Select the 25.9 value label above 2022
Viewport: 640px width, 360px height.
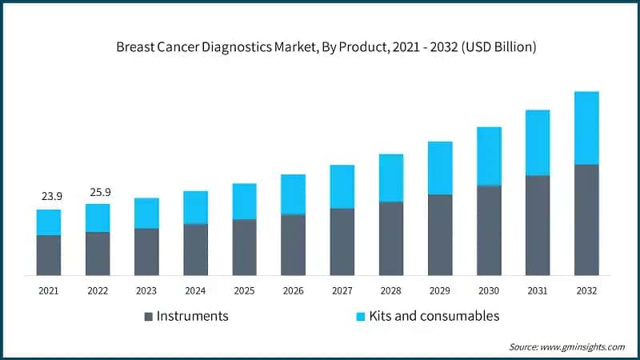click(98, 192)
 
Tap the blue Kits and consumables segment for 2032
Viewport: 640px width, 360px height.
click(586, 128)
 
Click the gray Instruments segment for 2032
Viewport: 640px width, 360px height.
click(586, 220)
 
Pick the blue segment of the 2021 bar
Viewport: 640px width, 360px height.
click(49, 222)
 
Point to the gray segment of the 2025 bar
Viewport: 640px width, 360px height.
click(245, 247)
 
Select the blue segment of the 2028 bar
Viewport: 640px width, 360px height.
click(391, 178)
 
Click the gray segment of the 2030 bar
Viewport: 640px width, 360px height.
click(489, 230)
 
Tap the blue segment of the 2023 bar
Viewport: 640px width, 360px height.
click(146, 213)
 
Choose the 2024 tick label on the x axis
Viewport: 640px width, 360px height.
click(195, 290)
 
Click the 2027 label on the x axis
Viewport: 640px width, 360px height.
click(342, 290)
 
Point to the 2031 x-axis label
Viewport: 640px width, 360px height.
click(538, 290)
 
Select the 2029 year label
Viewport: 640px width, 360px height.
click(440, 290)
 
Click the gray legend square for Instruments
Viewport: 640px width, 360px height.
click(147, 317)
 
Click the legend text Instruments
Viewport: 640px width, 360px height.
click(192, 316)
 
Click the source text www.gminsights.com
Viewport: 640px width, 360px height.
click(582, 346)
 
